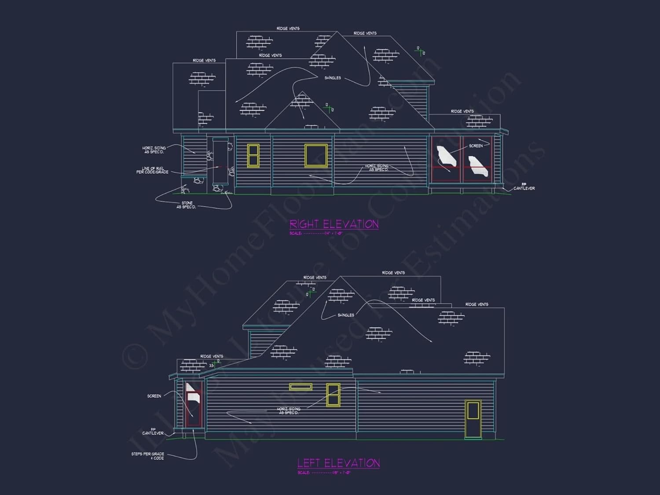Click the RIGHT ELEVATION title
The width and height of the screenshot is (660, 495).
[x=334, y=224]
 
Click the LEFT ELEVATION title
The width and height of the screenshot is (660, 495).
[x=338, y=463]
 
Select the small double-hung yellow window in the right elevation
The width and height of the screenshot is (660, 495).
[x=253, y=155]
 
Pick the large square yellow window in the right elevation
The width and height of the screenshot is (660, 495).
[x=316, y=155]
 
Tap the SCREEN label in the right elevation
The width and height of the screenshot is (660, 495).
[x=476, y=146]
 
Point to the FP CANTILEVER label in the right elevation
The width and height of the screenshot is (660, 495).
[x=524, y=187]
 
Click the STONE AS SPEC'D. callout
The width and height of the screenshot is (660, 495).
[x=187, y=205]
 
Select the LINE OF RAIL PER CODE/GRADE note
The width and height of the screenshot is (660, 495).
[x=152, y=170]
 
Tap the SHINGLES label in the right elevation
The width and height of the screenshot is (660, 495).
[x=333, y=78]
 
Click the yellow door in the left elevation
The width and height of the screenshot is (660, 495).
[x=473, y=418]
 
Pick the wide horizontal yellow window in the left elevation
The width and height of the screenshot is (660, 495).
[x=301, y=387]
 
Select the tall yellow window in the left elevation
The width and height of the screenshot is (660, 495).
[x=333, y=394]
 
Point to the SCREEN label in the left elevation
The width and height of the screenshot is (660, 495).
[x=154, y=396]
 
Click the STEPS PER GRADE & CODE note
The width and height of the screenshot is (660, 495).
[x=148, y=456]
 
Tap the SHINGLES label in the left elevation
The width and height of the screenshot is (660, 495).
[x=346, y=315]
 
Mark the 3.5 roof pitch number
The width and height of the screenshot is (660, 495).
[x=212, y=366]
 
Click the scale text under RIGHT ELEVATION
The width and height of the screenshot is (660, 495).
[x=316, y=233]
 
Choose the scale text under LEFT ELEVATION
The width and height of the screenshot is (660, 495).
[x=324, y=473]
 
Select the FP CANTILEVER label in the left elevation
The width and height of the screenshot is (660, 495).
[x=153, y=432]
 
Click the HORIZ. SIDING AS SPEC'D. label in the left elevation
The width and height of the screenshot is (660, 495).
[x=289, y=411]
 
